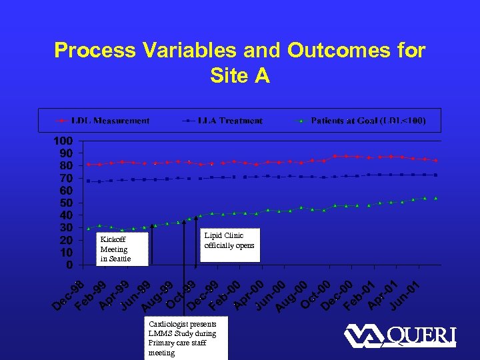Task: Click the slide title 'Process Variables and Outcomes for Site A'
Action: pyautogui.click(x=239, y=62)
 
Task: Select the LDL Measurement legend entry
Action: pyautogui.click(x=103, y=121)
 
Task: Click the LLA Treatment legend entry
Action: pyautogui.click(x=223, y=121)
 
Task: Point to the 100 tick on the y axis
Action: pyautogui.click(x=64, y=141)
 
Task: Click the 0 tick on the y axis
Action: pyautogui.click(x=69, y=265)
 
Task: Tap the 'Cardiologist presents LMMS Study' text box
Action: pyautogui.click(x=186, y=338)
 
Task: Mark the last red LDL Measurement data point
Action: pyautogui.click(x=435, y=161)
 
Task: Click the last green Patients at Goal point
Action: pyautogui.click(x=435, y=198)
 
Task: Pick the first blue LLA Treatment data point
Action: pyautogui.click(x=89, y=181)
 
